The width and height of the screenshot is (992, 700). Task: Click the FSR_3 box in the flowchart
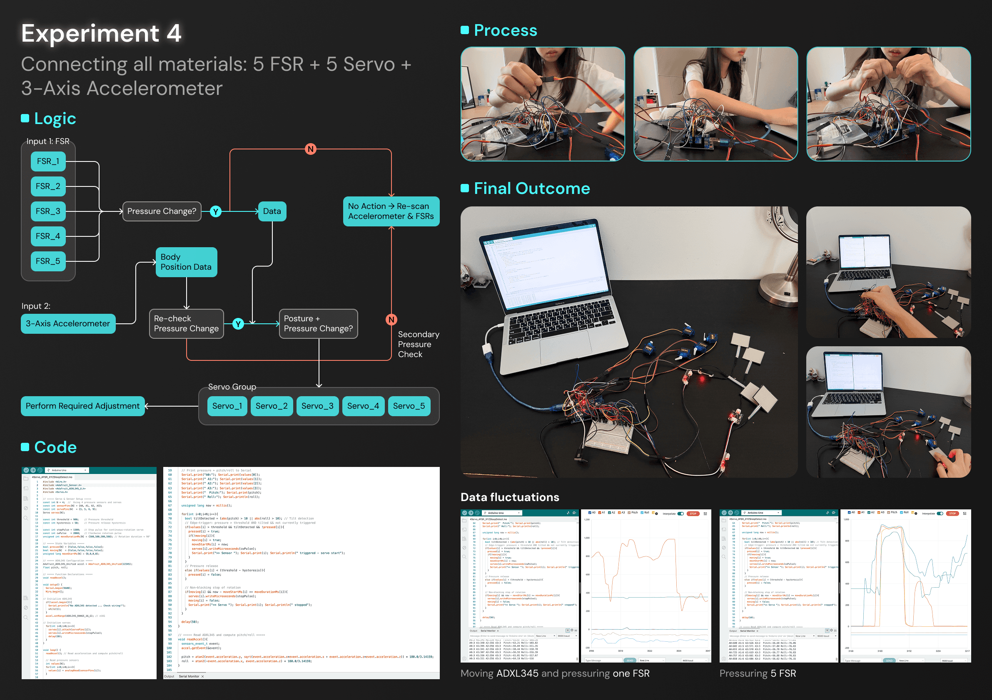[x=48, y=211]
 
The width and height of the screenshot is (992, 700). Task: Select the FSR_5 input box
[x=48, y=261]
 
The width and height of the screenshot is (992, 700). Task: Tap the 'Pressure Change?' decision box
[x=162, y=211]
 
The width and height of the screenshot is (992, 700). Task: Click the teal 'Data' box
[x=272, y=211]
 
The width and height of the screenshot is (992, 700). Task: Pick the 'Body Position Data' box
[x=186, y=262]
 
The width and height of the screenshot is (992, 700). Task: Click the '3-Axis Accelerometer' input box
[x=68, y=323]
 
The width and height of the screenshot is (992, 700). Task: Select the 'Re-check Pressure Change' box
[x=186, y=323]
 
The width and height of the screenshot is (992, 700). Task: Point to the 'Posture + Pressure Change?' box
[x=318, y=323]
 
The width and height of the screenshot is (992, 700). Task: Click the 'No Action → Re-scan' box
[x=391, y=211]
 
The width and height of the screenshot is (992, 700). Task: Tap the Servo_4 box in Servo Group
[x=363, y=406]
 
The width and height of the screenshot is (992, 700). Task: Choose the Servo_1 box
[x=227, y=406]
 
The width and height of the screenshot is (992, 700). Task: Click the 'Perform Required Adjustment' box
[x=82, y=406]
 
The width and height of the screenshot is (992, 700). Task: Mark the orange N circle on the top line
[x=310, y=149]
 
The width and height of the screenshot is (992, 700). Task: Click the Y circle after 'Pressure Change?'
[x=216, y=211]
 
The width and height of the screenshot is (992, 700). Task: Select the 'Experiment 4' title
[x=101, y=33]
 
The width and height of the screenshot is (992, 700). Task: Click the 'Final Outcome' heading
[x=531, y=188]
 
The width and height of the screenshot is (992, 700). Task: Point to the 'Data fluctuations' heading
[x=510, y=497]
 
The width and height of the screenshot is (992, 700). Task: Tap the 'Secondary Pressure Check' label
[x=418, y=344]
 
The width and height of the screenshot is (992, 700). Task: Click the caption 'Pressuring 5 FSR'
[x=758, y=673]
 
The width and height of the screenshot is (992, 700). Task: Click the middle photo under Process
[x=715, y=104]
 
